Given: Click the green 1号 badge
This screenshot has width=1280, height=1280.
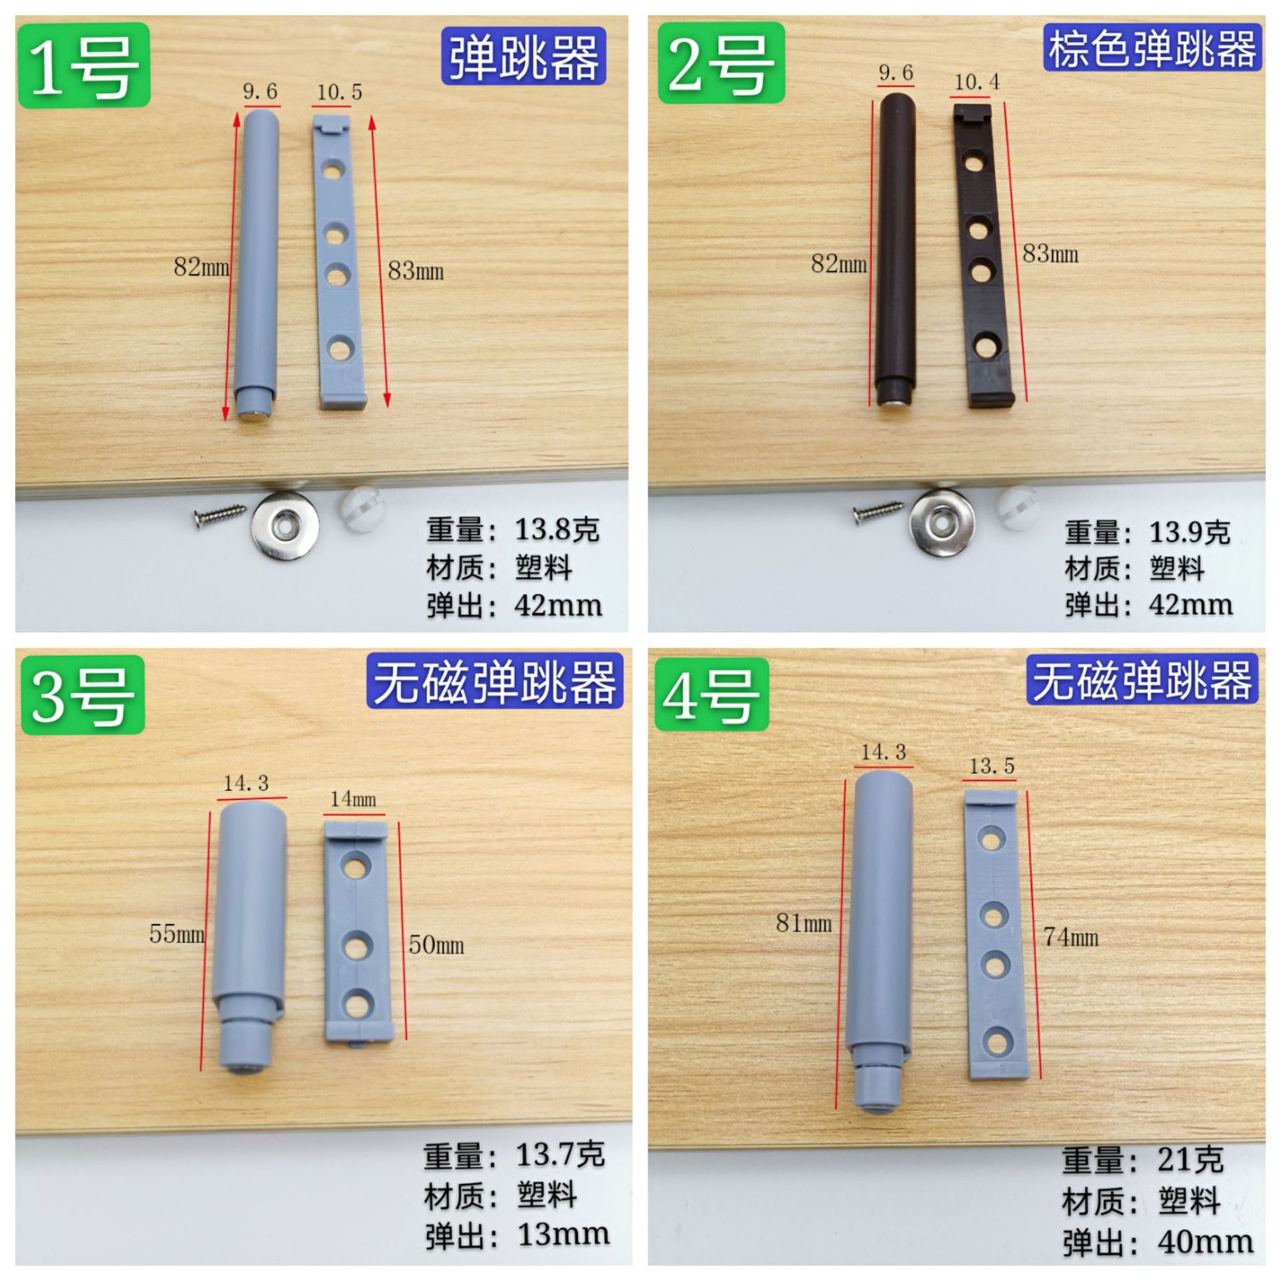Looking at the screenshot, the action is (x=83, y=65).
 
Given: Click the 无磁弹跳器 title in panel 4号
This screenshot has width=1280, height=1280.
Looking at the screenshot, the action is (x=1142, y=681).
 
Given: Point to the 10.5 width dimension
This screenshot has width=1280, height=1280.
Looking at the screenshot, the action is (x=339, y=92).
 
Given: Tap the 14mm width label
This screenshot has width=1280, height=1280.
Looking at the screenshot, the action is (x=353, y=799).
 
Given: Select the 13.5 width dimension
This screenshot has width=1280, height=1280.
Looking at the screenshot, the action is (x=991, y=766).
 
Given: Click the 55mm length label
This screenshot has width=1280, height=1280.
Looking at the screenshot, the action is (x=176, y=933).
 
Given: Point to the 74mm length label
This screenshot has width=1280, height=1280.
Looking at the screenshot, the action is (x=1071, y=937).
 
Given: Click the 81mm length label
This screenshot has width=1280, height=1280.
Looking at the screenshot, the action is (x=804, y=923).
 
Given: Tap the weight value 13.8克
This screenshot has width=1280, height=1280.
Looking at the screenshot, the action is (x=557, y=530).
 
